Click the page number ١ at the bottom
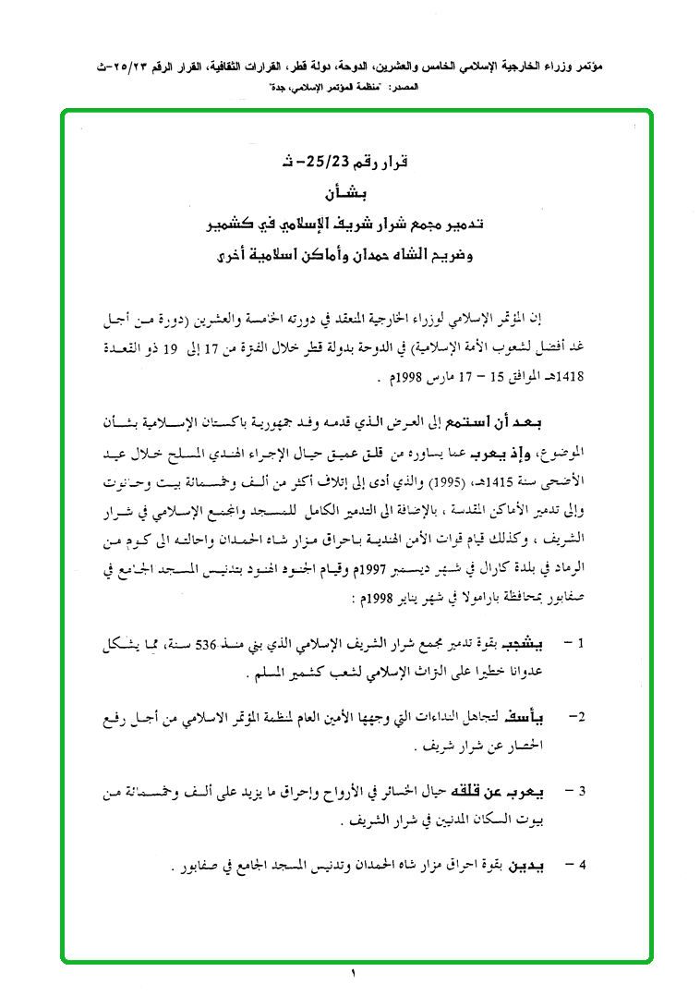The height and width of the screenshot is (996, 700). tap(353, 973)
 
